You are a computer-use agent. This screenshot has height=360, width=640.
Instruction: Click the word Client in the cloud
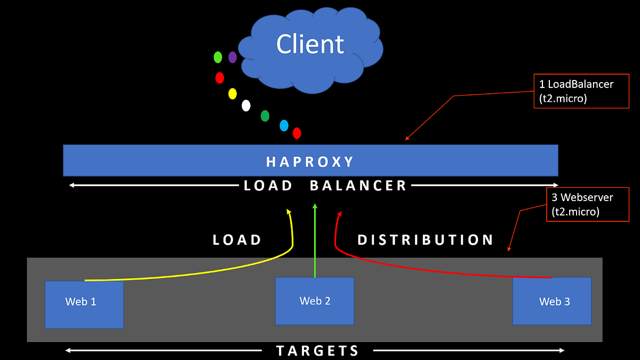point(310,44)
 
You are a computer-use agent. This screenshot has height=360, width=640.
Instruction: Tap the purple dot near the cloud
point(233,57)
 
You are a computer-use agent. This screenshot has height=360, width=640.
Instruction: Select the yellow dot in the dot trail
point(233,94)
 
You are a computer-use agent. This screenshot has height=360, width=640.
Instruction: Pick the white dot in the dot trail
point(246,105)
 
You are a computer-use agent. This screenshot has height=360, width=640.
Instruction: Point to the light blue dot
point(284,125)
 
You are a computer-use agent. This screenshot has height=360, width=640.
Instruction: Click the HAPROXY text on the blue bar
point(310,161)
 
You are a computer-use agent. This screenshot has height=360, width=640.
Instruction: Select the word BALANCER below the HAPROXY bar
point(358,186)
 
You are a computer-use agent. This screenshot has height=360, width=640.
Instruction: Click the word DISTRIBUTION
point(426,240)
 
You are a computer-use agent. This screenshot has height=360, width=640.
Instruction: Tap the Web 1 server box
point(84,305)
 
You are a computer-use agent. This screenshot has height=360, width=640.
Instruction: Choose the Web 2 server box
point(315,301)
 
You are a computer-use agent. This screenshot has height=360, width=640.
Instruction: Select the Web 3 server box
point(552,301)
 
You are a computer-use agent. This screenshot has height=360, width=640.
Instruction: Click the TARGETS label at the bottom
point(318,350)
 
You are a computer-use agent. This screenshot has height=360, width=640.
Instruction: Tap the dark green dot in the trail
point(265,115)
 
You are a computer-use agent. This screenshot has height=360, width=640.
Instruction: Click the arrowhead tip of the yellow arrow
point(289,210)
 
